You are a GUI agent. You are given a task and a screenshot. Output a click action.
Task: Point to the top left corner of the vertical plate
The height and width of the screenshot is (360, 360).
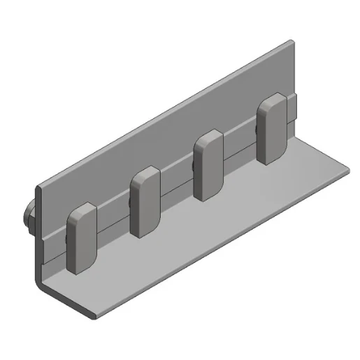pos(39,185)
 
